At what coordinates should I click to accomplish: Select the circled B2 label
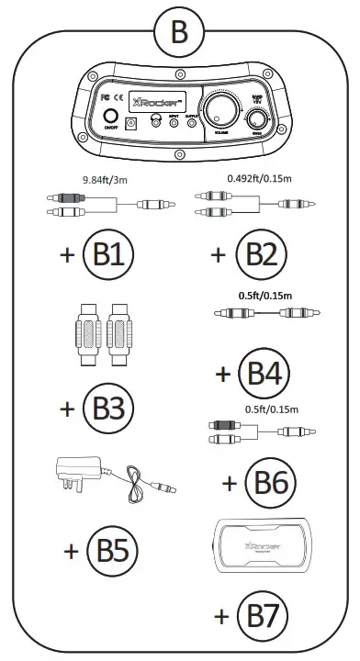(x=258, y=254)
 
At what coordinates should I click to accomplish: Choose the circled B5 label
(x=112, y=551)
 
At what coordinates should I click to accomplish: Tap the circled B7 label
(x=263, y=613)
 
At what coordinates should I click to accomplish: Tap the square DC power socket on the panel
(x=133, y=122)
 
